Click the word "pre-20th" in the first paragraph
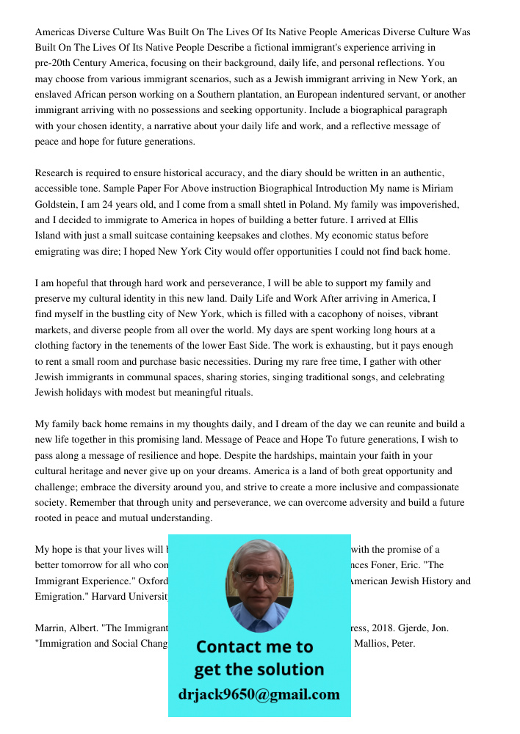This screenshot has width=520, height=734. [54, 63]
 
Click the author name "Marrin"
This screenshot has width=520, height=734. [52, 628]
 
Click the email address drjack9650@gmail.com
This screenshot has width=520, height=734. [259, 694]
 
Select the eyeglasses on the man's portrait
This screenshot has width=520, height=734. [259, 577]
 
